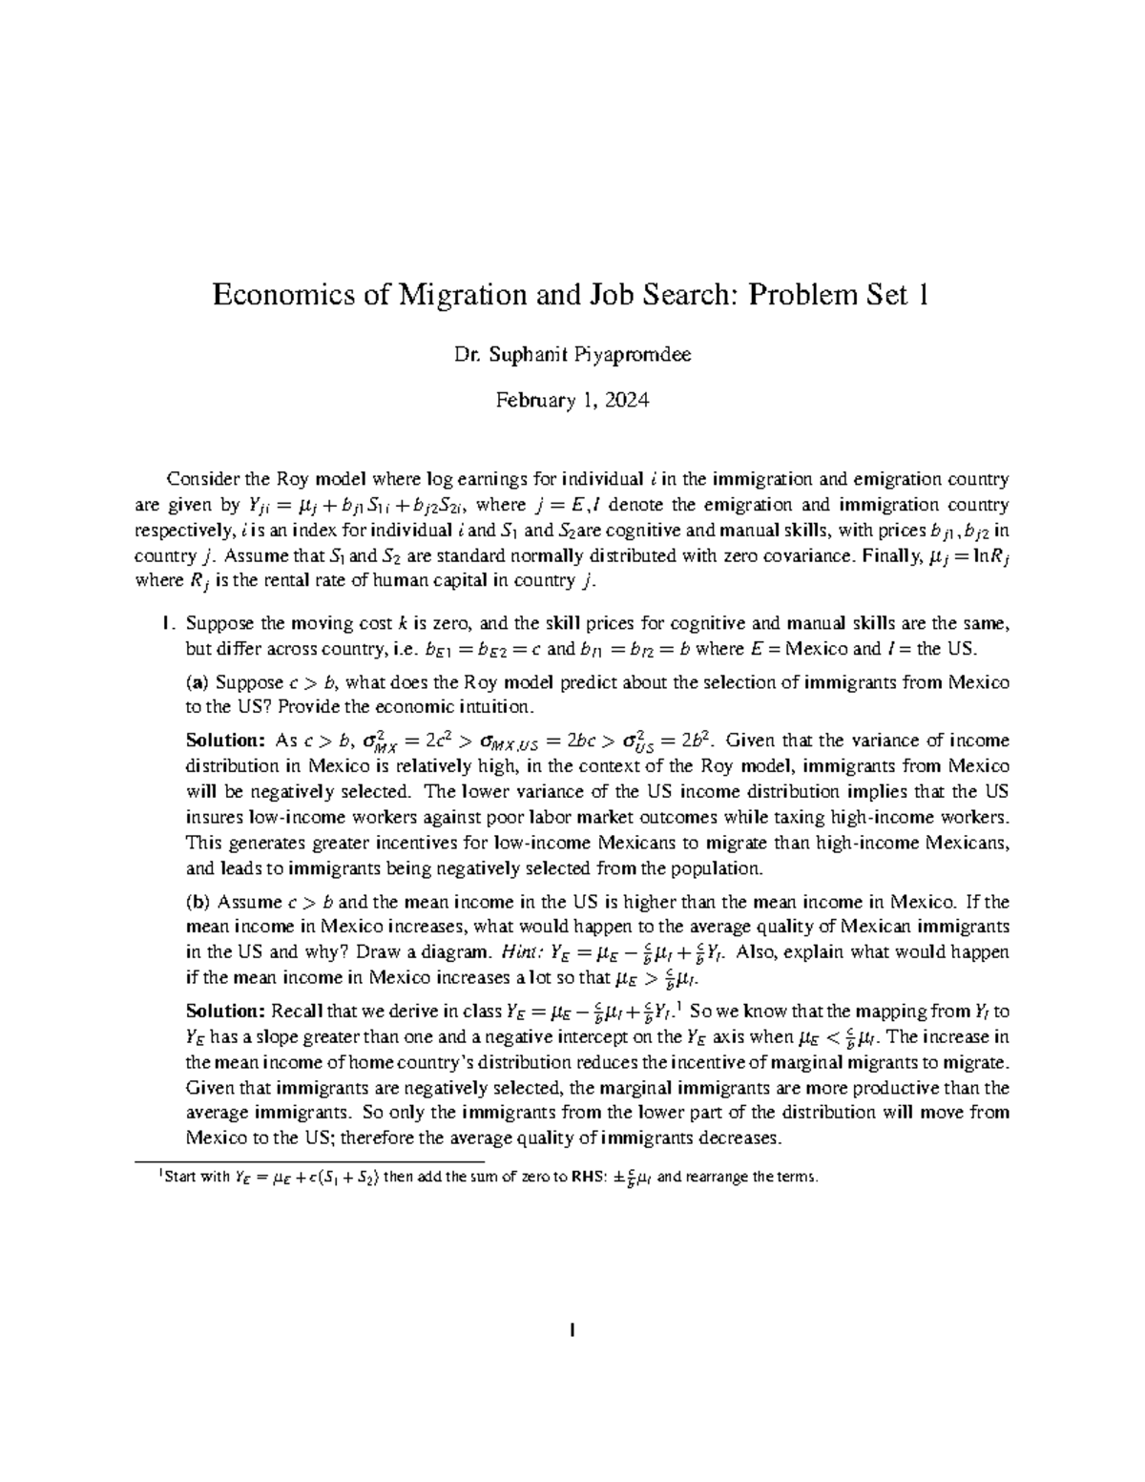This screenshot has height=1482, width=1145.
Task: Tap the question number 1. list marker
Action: click(168, 625)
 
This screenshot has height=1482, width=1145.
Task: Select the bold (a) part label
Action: click(197, 682)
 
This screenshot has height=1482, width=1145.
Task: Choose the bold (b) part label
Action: click(198, 902)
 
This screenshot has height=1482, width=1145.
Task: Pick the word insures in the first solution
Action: click(214, 818)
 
